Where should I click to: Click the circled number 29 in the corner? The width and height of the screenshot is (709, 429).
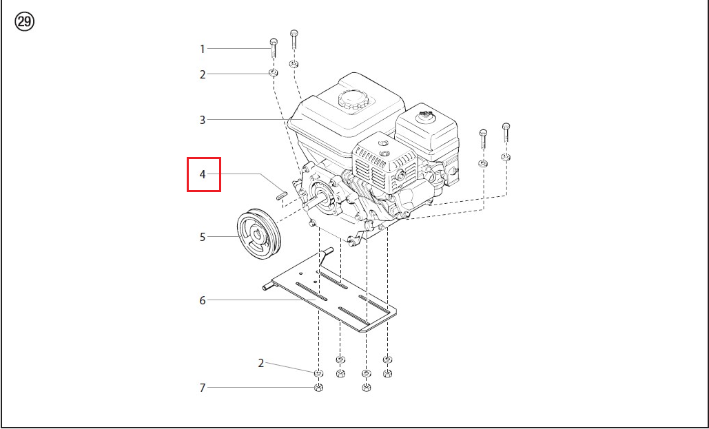click(25, 22)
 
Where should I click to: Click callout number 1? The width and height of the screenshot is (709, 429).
click(203, 49)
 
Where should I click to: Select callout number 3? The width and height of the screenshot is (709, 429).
click(203, 120)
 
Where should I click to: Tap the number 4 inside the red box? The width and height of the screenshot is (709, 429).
click(203, 174)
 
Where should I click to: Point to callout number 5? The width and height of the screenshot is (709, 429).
click(203, 237)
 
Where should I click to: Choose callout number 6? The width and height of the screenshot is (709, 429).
click(203, 300)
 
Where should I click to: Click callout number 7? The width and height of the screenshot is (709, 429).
click(203, 388)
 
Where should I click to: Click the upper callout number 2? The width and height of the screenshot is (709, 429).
click(203, 74)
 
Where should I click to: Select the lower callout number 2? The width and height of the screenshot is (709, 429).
click(261, 363)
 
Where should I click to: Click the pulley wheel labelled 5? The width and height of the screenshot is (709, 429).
click(259, 234)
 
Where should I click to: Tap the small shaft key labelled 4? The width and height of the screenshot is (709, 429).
click(280, 194)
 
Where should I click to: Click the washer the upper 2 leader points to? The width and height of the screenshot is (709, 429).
click(273, 72)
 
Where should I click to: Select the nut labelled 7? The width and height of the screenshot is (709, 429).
click(319, 388)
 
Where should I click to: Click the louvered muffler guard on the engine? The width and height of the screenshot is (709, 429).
click(384, 162)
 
